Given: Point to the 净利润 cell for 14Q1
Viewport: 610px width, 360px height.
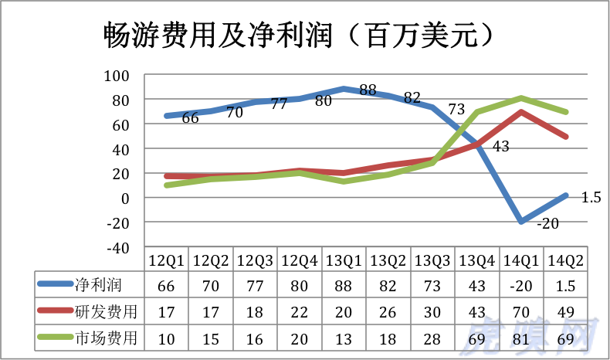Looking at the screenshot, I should tap(523, 286).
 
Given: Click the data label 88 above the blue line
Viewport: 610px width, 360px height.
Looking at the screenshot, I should tap(368, 90).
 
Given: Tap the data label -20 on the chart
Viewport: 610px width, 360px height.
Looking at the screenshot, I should tap(547, 223).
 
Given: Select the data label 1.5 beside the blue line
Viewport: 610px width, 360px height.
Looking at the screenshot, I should tap(591, 197).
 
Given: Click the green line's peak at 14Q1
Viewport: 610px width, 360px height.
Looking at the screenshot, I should tap(523, 98).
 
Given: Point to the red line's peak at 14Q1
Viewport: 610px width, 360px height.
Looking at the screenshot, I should tap(523, 112).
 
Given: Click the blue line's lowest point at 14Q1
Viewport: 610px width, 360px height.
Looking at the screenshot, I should tap(523, 222).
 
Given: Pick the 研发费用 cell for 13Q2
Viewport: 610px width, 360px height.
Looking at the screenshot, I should tap(388, 312).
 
